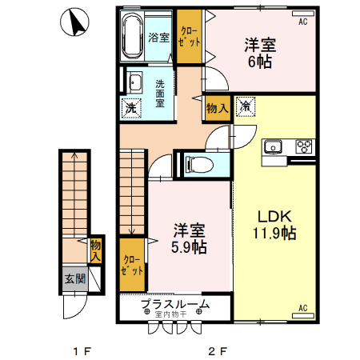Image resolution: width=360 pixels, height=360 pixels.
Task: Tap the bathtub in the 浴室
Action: click(x=133, y=37)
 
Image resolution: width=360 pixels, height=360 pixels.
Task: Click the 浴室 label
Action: click(x=158, y=37)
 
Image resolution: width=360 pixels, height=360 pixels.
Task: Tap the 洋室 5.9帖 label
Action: click(x=189, y=238)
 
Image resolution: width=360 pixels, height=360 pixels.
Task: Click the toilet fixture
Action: click(x=199, y=165)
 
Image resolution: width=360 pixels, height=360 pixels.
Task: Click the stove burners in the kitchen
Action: click(x=304, y=146)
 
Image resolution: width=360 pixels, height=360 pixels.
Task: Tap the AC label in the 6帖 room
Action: click(x=303, y=22)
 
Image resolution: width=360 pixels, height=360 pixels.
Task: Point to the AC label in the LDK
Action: click(x=303, y=308)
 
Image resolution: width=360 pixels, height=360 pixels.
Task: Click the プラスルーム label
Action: click(x=175, y=304)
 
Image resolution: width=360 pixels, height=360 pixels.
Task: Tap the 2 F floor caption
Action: click(x=218, y=350)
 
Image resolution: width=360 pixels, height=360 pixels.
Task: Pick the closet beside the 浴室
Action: click(x=190, y=36)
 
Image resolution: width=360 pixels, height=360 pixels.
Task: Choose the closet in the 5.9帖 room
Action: click(x=133, y=264)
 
